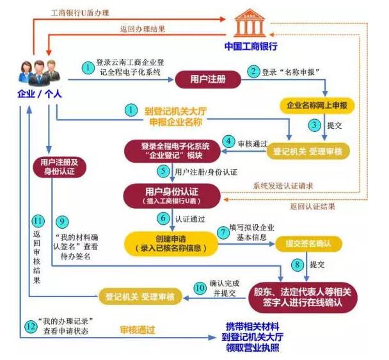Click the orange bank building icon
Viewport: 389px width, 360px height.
tap(250, 23)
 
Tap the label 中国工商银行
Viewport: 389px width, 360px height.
tap(251, 47)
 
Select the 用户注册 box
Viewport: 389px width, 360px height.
tap(208, 79)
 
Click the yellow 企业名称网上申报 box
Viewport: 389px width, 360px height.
tap(317, 106)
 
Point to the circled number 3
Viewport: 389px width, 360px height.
tap(314, 125)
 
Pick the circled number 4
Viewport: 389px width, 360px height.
tap(228, 142)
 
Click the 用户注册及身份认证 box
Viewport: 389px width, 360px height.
tap(60, 167)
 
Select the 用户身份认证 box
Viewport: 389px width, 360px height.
tap(172, 196)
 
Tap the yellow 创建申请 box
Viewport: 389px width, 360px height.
tap(171, 243)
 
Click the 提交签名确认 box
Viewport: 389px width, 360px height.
tap(308, 243)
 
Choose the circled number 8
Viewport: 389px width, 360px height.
tap(298, 265)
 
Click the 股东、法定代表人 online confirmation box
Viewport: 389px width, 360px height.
tap(303, 297)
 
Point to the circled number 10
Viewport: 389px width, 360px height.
tap(200, 288)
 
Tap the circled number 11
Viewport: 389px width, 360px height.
tap(38, 221)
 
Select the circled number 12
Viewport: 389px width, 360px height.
tap(31, 326)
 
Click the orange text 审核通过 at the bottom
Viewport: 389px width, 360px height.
tap(138, 330)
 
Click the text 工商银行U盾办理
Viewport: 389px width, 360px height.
tap(80, 13)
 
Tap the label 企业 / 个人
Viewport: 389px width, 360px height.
tap(40, 94)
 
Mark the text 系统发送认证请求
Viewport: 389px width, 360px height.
tap(283, 186)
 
